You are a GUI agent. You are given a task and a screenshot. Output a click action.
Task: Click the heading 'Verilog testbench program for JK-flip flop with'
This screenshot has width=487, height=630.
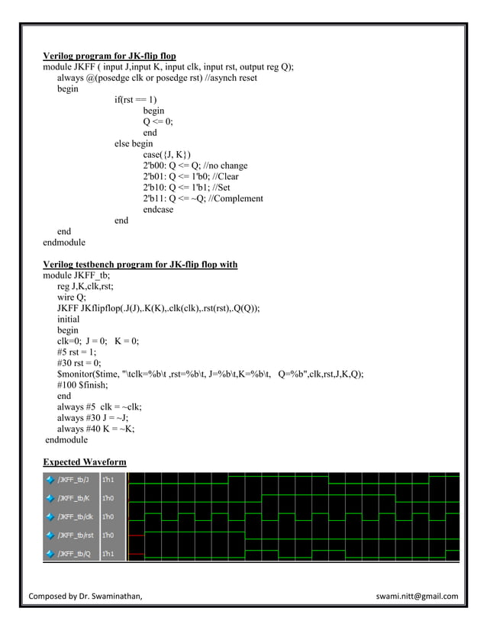(140, 265)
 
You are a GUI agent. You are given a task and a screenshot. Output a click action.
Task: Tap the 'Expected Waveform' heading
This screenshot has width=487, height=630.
(84, 462)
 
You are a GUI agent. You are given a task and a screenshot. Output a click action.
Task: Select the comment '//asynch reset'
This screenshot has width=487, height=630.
(229, 78)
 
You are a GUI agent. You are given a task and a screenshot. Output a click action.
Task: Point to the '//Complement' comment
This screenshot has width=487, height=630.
(236, 198)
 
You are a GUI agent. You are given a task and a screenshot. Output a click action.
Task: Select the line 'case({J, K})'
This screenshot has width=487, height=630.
(167, 155)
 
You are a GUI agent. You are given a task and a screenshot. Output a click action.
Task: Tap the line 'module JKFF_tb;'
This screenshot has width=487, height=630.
(76, 275)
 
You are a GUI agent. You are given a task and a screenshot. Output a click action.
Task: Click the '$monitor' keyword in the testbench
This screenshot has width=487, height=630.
(74, 374)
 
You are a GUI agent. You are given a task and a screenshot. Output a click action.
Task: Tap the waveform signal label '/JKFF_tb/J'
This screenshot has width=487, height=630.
(72, 480)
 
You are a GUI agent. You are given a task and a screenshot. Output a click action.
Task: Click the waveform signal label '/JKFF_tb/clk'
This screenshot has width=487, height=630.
(73, 516)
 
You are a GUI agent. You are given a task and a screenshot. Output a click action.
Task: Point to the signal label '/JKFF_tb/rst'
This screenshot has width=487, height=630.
(73, 535)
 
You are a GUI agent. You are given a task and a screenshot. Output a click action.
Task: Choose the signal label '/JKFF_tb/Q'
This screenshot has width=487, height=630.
(73, 553)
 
